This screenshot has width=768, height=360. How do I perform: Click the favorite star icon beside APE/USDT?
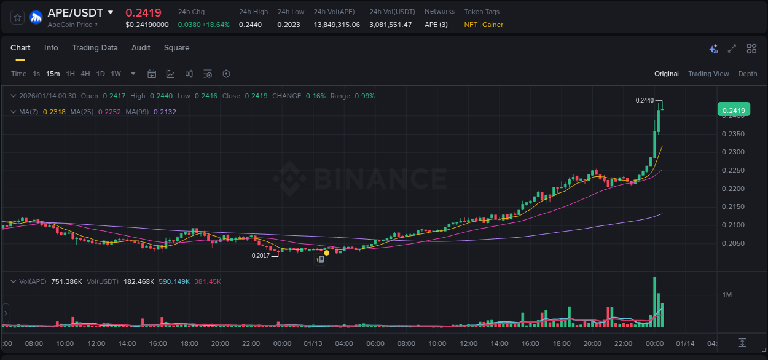click(18, 17)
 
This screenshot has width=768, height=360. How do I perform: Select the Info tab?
click(51, 48)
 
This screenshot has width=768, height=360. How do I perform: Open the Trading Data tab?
click(95, 48)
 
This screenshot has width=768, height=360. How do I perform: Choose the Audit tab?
click(141, 48)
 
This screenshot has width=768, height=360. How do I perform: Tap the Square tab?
click(176, 48)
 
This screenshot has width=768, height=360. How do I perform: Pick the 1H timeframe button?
click(71, 74)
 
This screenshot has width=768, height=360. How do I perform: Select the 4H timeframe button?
click(85, 74)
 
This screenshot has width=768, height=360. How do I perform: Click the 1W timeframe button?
click(116, 74)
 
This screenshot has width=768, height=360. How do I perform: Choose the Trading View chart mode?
click(708, 74)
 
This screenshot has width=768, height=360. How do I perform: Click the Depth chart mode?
click(748, 74)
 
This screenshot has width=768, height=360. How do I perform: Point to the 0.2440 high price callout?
click(645, 100)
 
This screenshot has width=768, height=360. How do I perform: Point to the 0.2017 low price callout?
click(261, 256)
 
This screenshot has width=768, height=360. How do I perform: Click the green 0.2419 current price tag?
click(734, 111)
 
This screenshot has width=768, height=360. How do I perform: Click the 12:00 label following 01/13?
click(468, 343)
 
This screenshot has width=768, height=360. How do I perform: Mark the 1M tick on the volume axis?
click(727, 295)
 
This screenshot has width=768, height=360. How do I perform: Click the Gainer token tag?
click(493, 25)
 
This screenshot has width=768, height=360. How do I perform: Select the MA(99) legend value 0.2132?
click(165, 112)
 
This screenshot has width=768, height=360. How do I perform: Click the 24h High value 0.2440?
click(250, 25)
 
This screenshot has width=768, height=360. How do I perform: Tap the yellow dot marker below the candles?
click(326, 252)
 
